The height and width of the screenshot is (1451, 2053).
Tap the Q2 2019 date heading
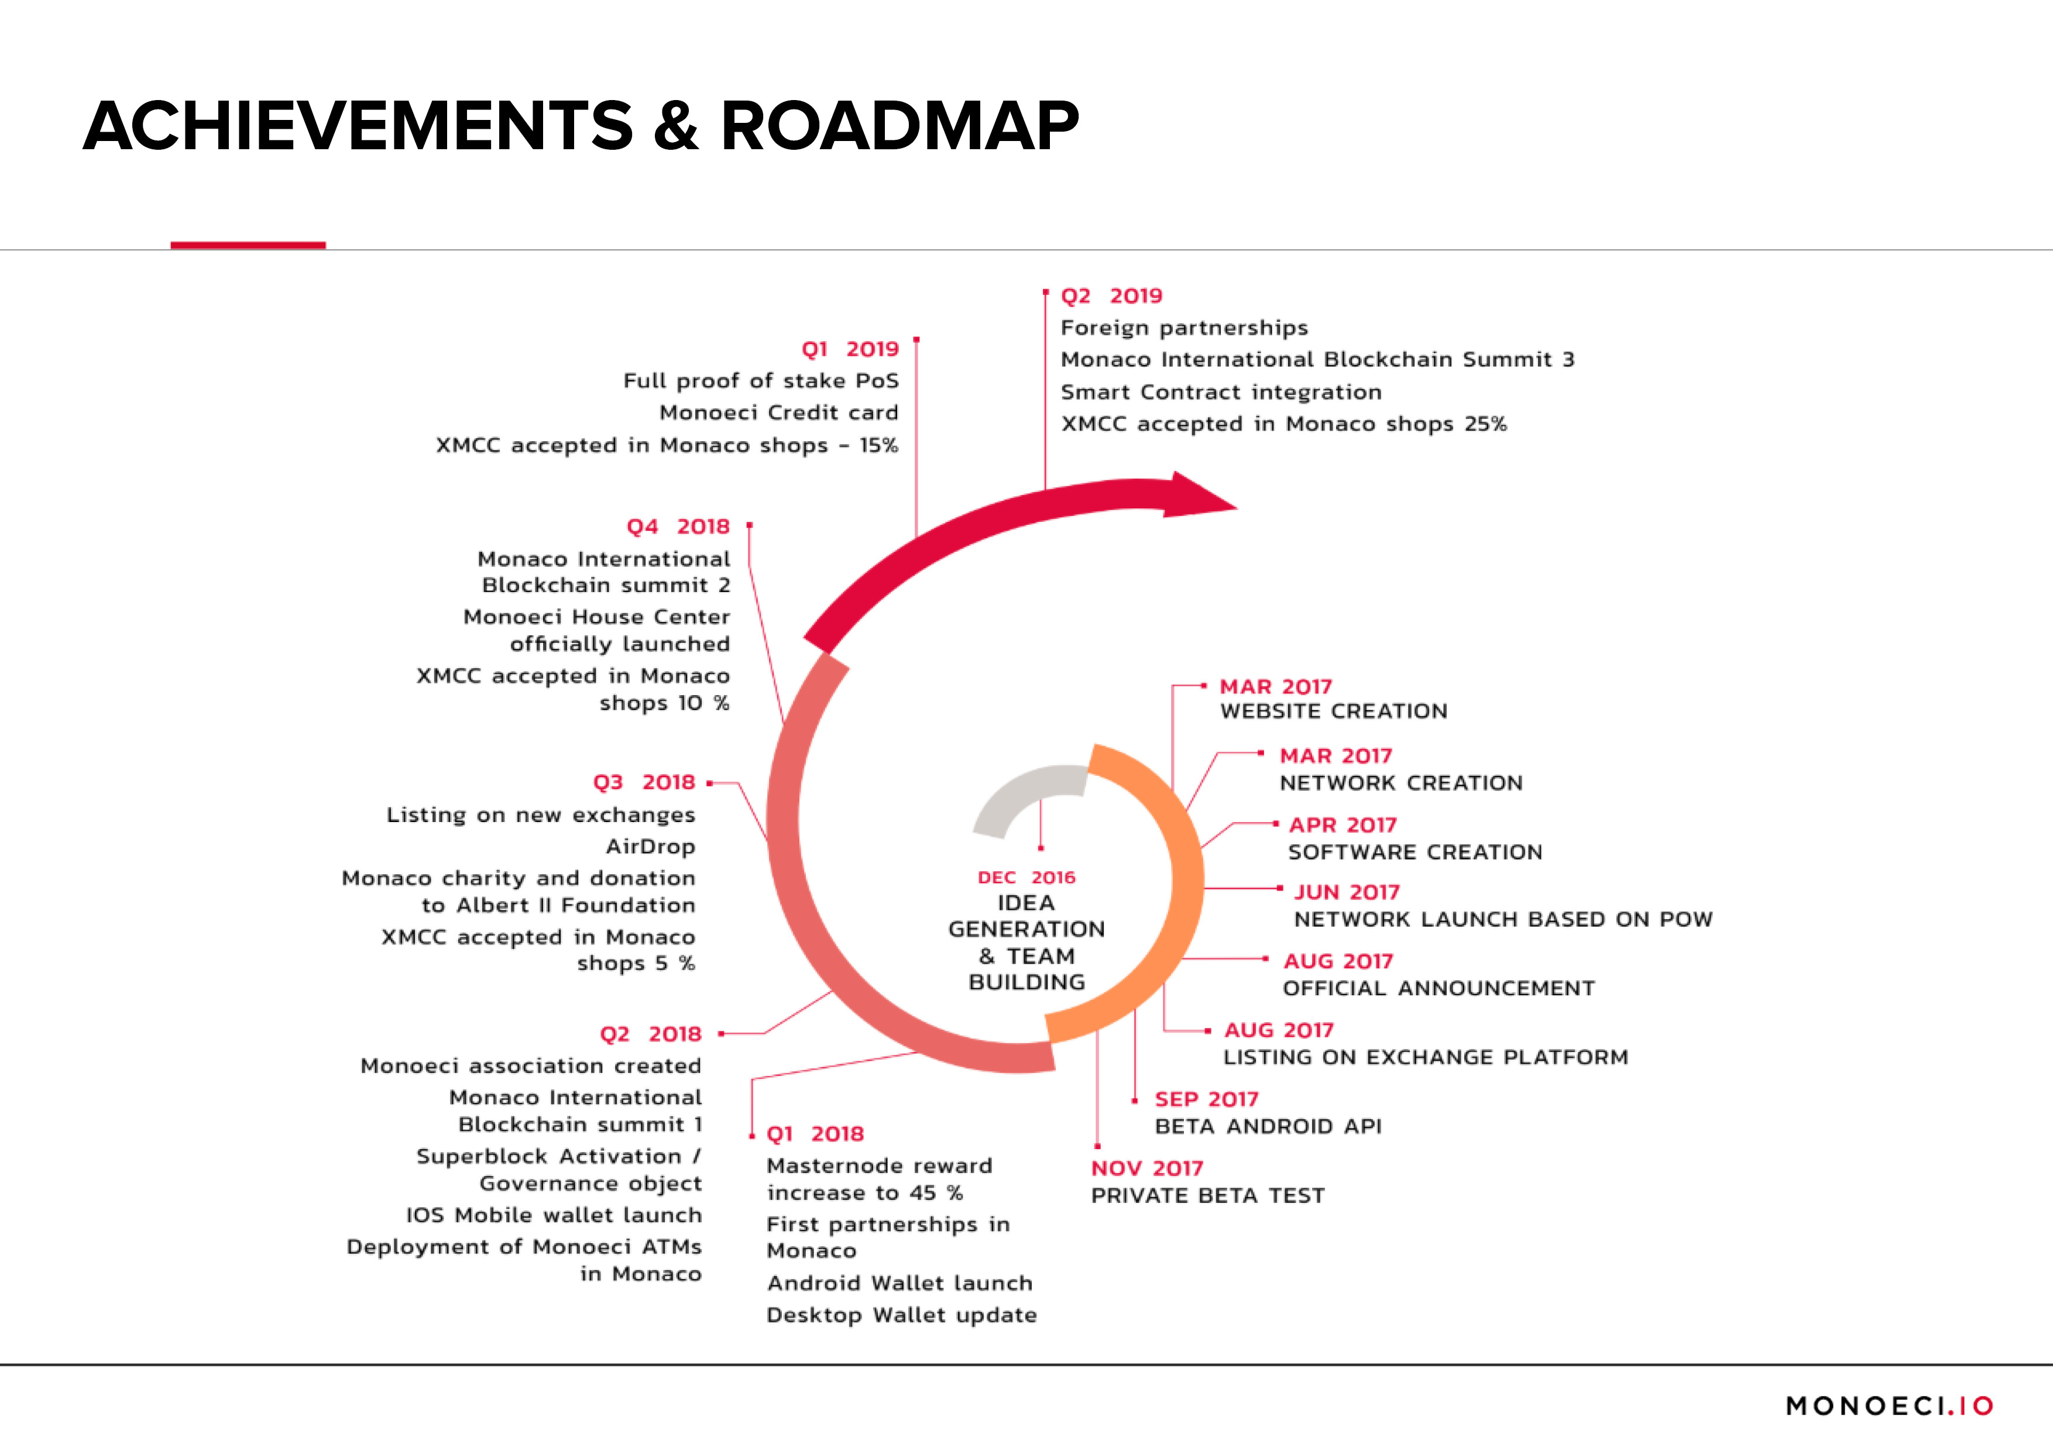click(x=1111, y=296)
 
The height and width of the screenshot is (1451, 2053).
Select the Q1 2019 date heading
click(x=849, y=349)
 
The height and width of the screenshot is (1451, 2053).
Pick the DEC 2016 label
click(x=1026, y=878)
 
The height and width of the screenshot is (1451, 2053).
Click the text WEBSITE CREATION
click(x=1333, y=711)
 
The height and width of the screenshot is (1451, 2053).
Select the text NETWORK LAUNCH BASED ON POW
click(x=1503, y=920)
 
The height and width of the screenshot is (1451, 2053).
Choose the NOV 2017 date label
click(x=1147, y=1168)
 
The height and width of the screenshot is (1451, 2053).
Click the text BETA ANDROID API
click(x=1268, y=1126)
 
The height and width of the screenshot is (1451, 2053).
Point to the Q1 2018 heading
click(x=815, y=1134)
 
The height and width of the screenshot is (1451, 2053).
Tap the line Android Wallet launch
click(x=900, y=1284)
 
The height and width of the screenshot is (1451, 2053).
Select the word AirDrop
click(x=650, y=847)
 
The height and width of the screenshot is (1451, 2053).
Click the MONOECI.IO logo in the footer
click(x=1889, y=1407)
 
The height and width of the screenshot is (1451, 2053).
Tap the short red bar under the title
click(x=248, y=245)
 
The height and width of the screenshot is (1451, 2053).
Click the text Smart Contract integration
click(x=1221, y=393)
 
